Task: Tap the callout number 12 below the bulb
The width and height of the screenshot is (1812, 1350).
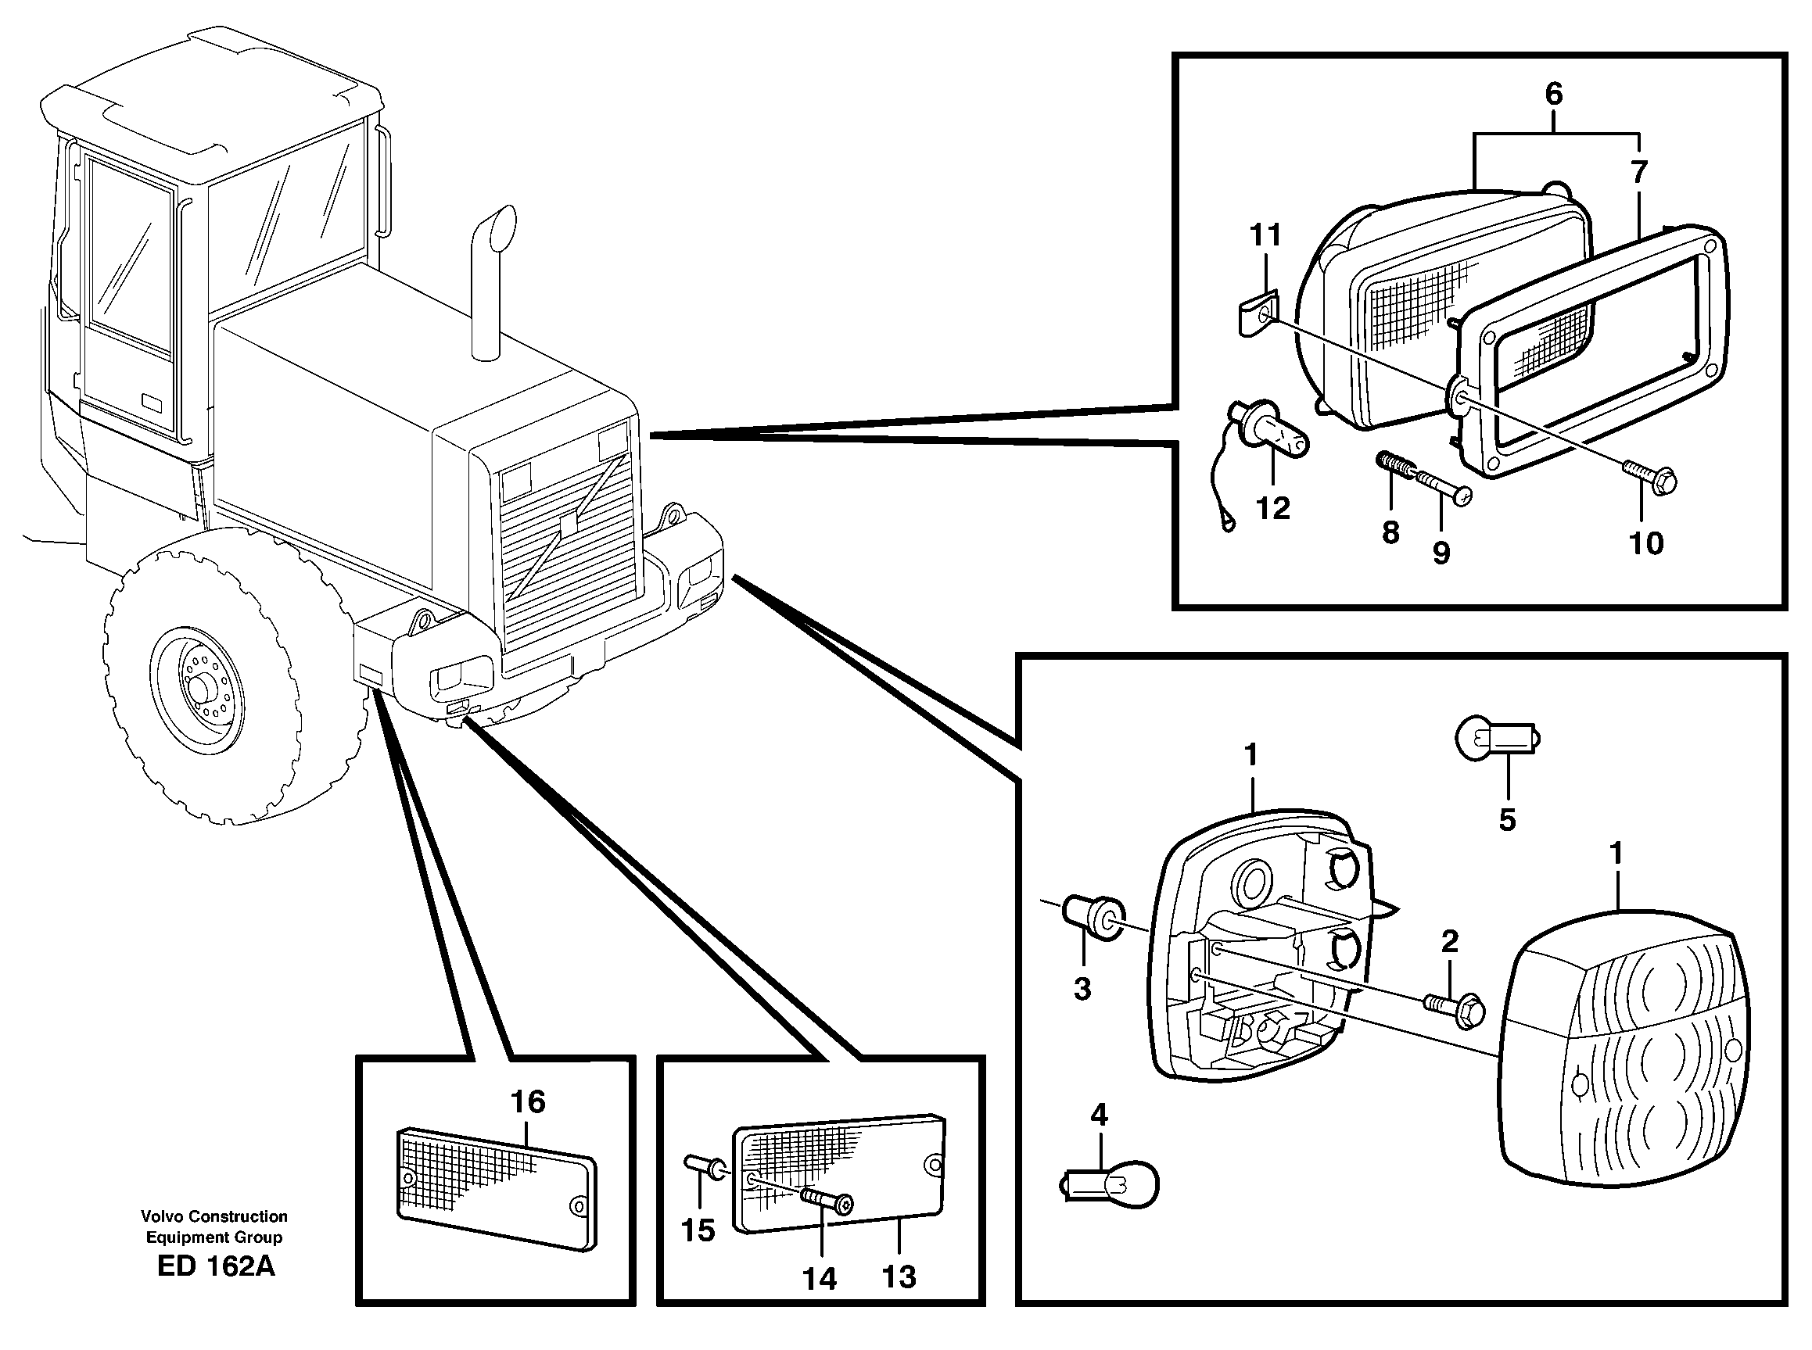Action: click(1272, 507)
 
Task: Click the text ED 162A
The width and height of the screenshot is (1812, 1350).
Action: click(216, 1266)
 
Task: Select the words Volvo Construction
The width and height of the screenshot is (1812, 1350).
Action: click(214, 1216)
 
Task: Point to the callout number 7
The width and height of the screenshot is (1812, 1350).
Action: click(1638, 173)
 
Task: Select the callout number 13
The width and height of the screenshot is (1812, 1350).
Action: click(899, 1277)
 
